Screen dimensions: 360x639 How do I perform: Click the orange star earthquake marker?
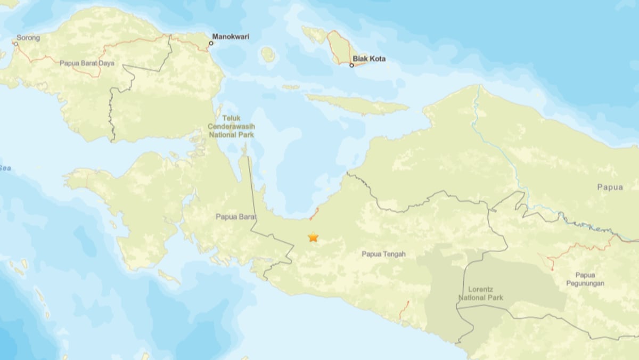(313, 237)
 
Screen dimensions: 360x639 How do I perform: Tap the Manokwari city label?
(231, 37)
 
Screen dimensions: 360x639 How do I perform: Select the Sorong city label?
(28, 38)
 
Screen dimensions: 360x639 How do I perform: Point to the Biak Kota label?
(370, 59)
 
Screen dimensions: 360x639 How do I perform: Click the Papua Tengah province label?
(383, 254)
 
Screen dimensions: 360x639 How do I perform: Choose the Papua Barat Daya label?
(87, 63)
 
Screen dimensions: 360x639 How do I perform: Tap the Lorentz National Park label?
(480, 293)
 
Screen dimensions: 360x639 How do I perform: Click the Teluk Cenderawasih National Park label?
(232, 126)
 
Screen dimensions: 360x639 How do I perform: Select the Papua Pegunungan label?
(589, 279)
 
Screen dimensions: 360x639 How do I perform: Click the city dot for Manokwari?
(211, 43)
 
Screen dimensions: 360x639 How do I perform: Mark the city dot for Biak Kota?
(351, 65)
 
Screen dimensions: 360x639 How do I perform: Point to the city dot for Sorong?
(16, 44)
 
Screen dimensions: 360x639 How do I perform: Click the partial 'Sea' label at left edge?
(5, 168)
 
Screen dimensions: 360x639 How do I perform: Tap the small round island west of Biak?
(268, 54)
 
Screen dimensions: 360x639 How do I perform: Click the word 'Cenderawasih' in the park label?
(232, 126)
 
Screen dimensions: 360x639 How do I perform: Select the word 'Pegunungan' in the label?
(589, 283)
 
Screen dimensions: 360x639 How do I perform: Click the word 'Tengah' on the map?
(394, 254)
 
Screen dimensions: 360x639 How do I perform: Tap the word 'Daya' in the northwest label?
(106, 63)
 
